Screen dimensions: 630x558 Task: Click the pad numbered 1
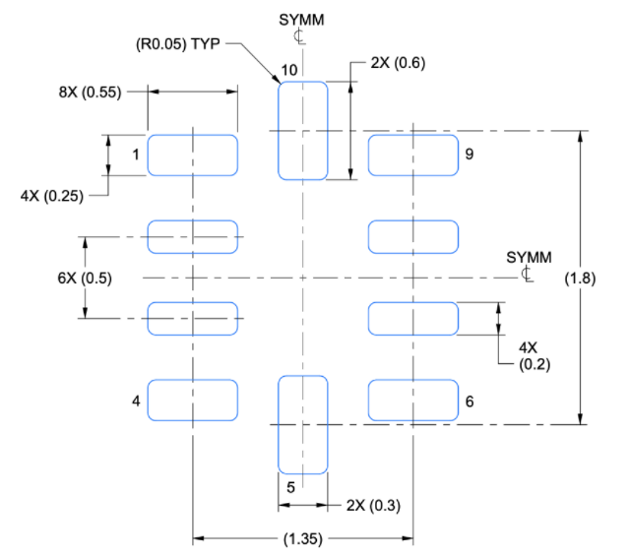[x=193, y=155]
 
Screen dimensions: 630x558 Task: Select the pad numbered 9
[x=413, y=155]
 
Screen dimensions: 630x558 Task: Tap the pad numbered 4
[x=193, y=401]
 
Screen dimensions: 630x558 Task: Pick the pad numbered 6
[x=413, y=401]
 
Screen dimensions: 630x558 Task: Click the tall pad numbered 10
[x=303, y=131]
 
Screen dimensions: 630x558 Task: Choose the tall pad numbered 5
[x=303, y=424]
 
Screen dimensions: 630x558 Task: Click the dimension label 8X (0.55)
[x=90, y=92]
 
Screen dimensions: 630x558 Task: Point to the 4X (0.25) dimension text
[x=52, y=196]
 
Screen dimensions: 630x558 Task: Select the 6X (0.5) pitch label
[x=85, y=278]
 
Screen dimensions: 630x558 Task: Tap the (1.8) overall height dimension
[x=580, y=278]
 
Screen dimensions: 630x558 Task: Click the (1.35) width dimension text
[x=303, y=538]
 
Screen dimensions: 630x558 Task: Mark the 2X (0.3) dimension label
[x=373, y=506]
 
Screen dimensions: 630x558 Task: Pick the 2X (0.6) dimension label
[x=398, y=63]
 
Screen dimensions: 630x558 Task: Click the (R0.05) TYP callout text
[x=178, y=43]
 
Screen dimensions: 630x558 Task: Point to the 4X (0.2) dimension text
[x=535, y=356]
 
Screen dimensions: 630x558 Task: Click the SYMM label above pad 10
[x=301, y=20]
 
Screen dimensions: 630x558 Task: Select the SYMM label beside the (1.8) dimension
[x=529, y=257]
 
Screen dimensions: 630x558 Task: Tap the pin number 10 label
[x=289, y=70]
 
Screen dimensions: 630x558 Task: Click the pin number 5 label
[x=291, y=487]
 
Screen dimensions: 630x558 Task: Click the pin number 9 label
[x=470, y=154]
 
